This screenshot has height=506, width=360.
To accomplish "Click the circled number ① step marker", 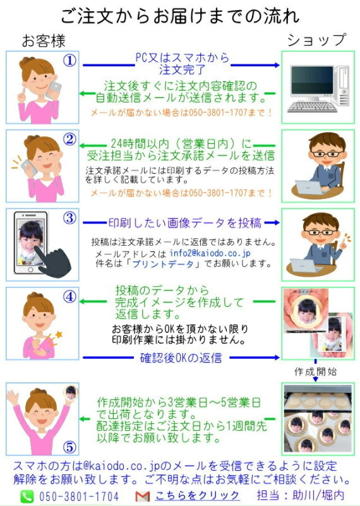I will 69,61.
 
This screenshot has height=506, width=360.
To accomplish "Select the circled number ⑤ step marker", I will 69,447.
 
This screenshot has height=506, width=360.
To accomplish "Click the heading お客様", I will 44,41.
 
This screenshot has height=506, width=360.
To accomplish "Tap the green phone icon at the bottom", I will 27,497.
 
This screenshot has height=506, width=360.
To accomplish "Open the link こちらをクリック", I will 197,496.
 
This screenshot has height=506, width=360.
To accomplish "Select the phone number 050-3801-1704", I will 78,497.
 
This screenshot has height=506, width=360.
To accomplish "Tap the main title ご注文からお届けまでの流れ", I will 180,16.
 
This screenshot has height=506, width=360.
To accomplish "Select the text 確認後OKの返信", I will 181,358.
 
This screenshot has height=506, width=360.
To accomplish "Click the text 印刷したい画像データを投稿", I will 184,223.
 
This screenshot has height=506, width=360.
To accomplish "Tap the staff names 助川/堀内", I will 315,496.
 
